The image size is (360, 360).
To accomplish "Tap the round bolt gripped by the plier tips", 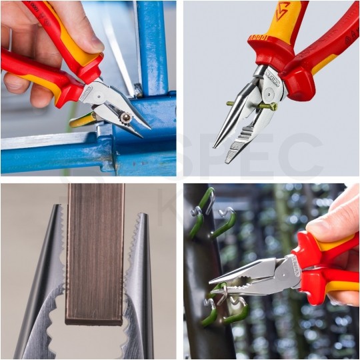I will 125,118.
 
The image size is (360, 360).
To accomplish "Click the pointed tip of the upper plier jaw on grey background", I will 215,146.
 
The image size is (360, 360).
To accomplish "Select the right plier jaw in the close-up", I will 141,287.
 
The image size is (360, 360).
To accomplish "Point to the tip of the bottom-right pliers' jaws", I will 212,283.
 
